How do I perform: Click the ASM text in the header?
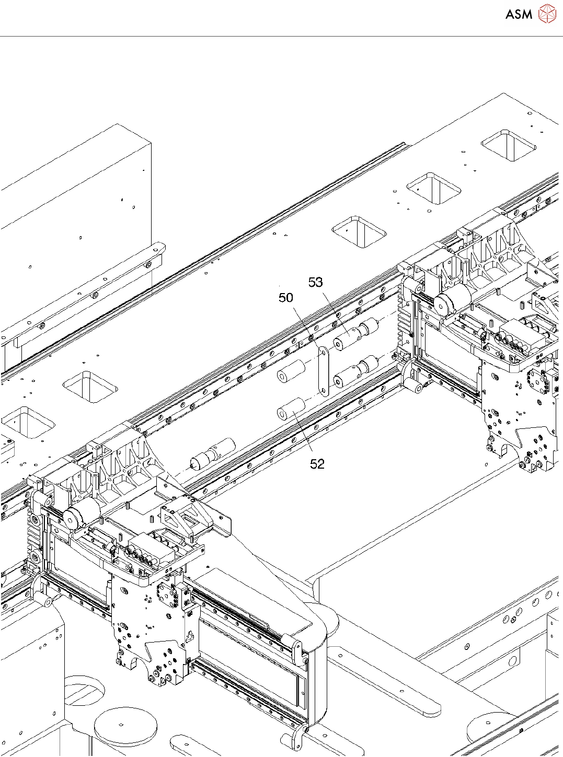click(x=519, y=15)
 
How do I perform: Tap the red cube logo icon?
click(x=547, y=14)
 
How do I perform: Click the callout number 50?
click(x=285, y=298)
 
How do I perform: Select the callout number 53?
click(x=315, y=283)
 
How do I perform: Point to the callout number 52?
click(x=317, y=464)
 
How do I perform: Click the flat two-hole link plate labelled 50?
click(x=324, y=371)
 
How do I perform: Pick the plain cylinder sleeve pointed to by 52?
click(x=291, y=409)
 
